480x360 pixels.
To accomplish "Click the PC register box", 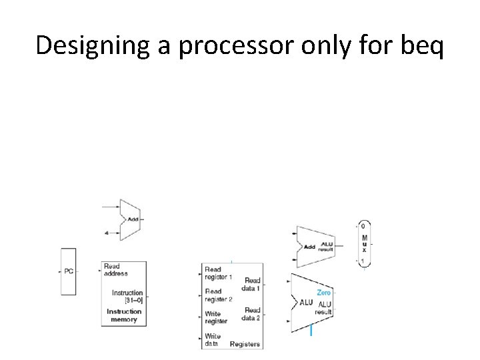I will (69, 271).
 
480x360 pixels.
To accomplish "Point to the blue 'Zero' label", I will (323, 292).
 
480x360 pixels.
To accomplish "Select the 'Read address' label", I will (115, 270).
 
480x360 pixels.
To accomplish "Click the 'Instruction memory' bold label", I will (124, 315).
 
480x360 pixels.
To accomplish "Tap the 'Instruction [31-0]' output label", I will (127, 296).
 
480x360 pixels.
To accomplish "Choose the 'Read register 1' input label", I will (219, 273).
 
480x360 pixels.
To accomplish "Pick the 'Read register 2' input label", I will (219, 295).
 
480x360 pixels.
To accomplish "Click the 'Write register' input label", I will (216, 317).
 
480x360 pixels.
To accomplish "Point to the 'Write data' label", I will (213, 340).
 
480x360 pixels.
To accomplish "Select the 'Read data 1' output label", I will (253, 284).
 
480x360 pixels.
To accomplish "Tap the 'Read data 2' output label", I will (252, 314).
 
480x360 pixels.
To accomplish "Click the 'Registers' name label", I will (245, 344).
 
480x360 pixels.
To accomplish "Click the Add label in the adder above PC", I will (133, 219).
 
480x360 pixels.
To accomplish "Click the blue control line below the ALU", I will (311, 329).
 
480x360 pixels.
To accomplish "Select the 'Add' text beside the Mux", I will (309, 247).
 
